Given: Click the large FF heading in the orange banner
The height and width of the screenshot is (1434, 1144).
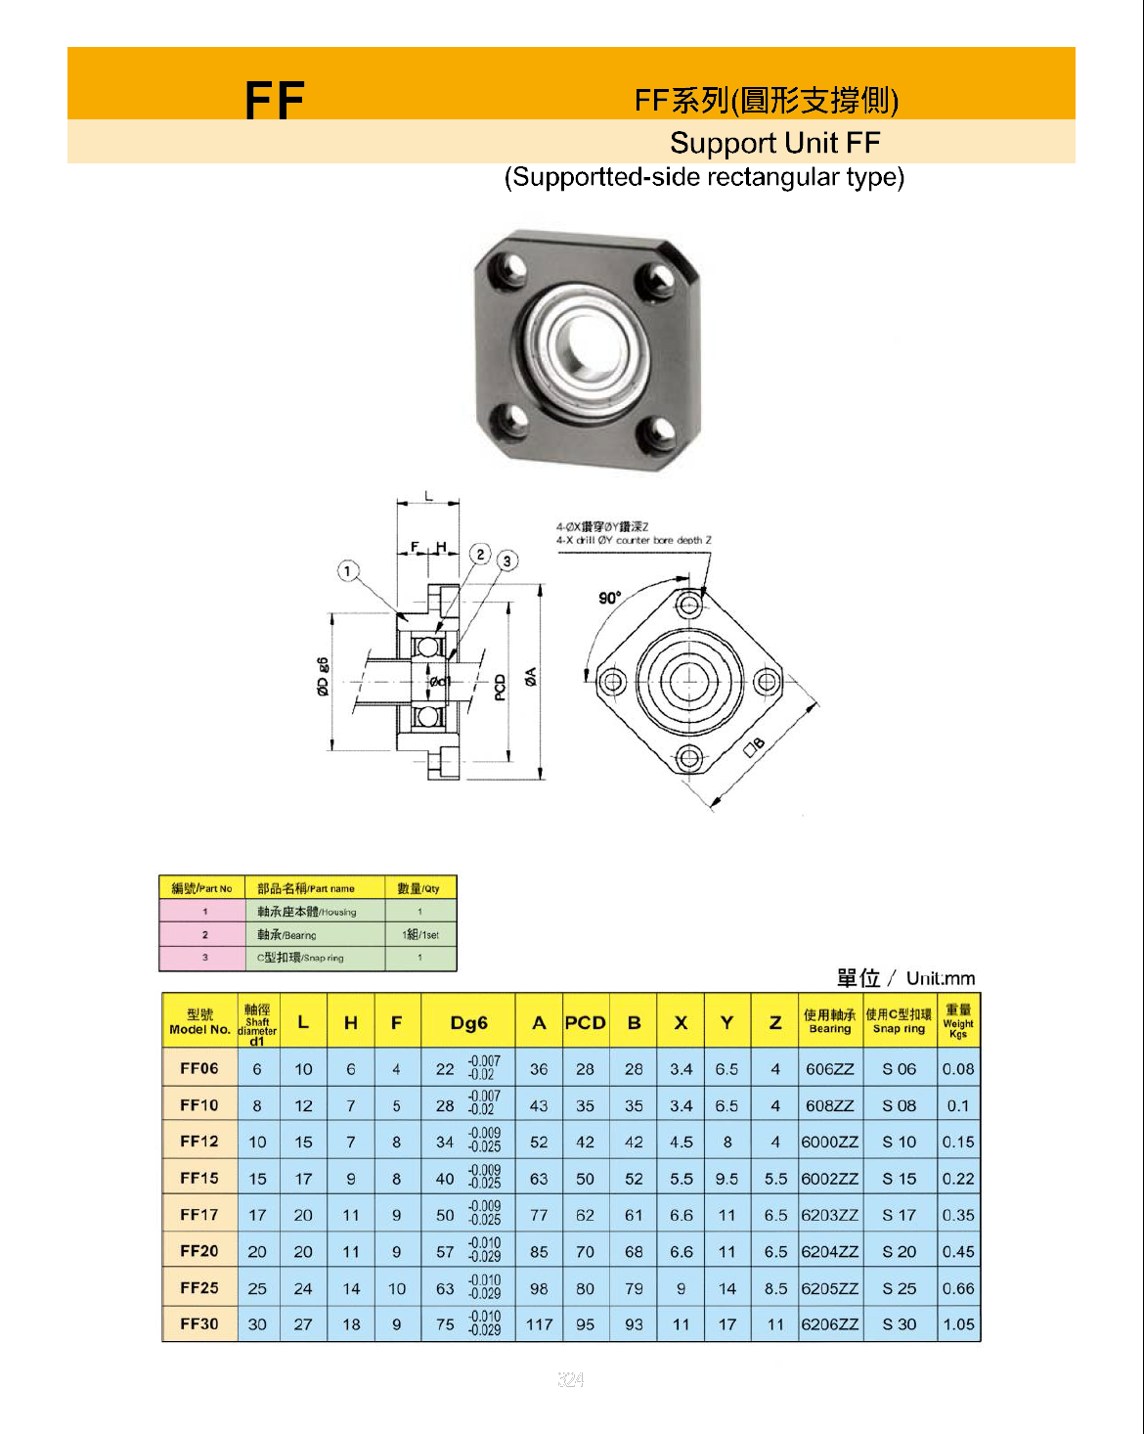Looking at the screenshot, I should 275,100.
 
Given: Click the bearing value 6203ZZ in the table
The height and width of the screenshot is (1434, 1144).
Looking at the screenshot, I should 829,1215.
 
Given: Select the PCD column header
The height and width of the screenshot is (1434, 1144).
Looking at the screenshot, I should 585,1023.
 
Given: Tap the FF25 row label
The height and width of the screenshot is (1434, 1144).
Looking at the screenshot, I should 199,1288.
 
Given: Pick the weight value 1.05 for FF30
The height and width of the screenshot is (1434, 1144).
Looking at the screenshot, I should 958,1324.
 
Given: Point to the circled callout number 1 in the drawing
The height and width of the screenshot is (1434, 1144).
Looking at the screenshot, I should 348,571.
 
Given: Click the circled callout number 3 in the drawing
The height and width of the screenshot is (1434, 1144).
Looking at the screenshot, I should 506,560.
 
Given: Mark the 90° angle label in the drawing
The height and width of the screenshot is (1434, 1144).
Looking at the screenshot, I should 610,598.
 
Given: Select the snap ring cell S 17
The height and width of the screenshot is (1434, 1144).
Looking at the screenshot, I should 899,1215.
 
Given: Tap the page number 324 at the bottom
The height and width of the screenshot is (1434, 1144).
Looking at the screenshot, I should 571,1379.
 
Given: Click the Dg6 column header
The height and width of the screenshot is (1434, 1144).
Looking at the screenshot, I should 468,1023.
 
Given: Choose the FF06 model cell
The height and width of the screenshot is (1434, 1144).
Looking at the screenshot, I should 199,1068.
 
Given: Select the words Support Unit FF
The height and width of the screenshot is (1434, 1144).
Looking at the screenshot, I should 774,143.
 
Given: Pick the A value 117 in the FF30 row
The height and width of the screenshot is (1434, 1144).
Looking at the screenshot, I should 539,1324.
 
